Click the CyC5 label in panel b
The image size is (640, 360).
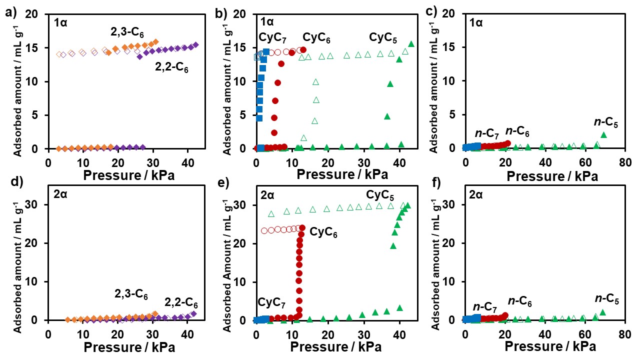[382, 38]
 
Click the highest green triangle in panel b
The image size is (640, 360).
[411, 44]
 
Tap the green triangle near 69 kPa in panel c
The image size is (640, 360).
[603, 134]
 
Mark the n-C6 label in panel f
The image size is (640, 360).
[519, 301]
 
